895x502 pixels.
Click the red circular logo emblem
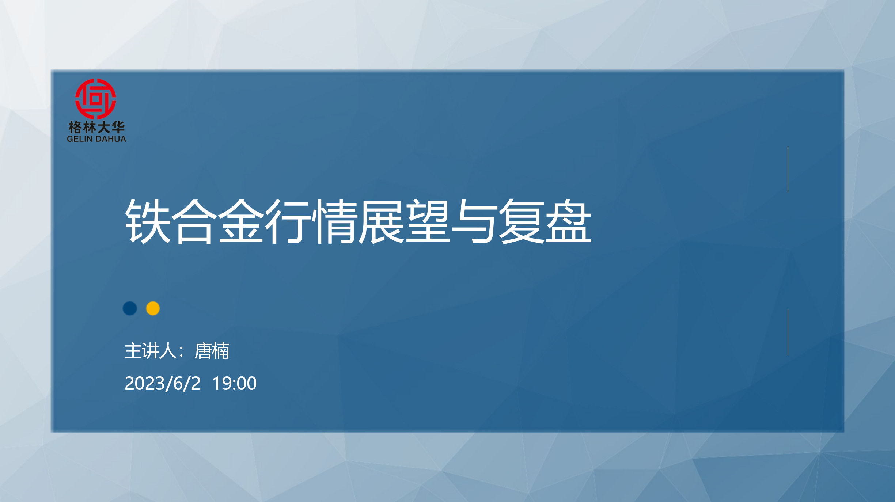96,99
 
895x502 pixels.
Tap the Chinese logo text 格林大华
96,128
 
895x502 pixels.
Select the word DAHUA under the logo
111,139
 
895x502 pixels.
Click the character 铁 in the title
148,221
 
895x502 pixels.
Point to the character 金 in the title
241,221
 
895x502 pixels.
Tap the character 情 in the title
335,221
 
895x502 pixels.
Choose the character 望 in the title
428,221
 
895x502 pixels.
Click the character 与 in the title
475,221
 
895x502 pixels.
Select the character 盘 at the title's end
569,221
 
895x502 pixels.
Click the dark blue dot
130,308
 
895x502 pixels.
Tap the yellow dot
153,308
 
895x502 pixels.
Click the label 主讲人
150,351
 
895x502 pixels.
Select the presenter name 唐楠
212,351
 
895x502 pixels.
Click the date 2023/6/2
163,384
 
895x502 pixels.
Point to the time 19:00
235,384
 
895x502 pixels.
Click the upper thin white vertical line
788,170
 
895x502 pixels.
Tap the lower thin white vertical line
788,332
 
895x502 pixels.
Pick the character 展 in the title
382,221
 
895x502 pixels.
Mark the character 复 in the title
522,221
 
